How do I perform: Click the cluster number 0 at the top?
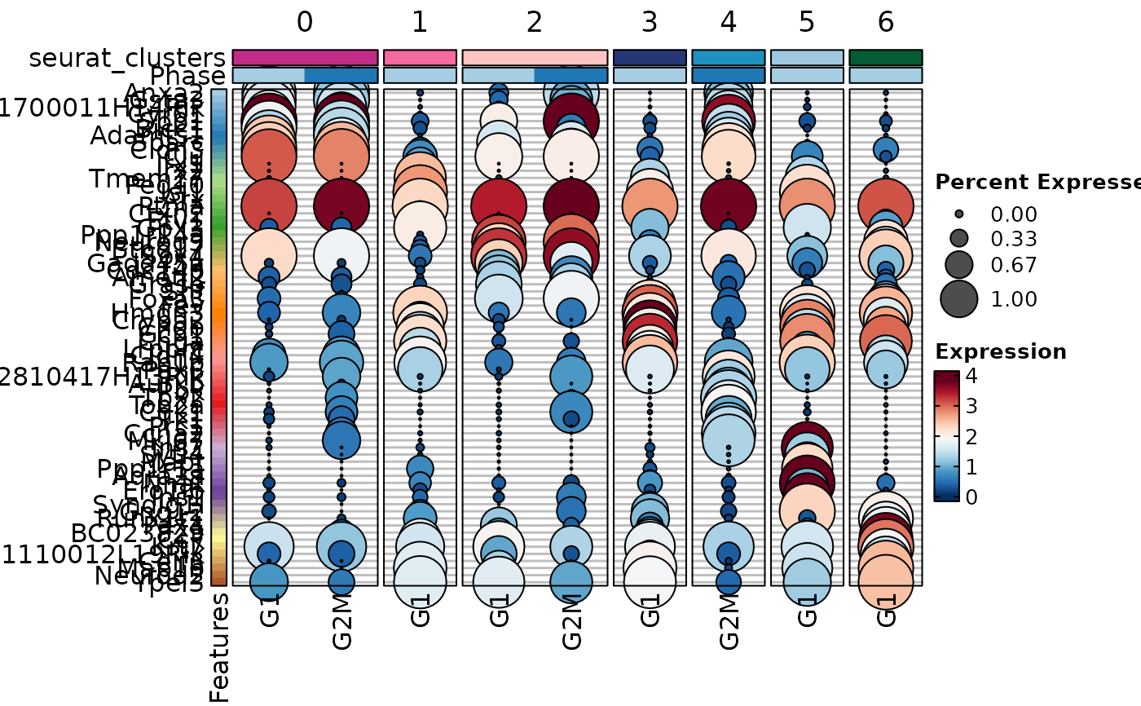click(305, 22)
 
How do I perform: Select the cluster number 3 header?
click(650, 22)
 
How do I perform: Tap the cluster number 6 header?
click(886, 22)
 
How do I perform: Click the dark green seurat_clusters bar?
click(886, 57)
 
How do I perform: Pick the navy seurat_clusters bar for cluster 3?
click(650, 57)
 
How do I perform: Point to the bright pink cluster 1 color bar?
click(420, 57)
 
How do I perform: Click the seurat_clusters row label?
click(127, 58)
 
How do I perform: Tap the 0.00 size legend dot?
click(959, 214)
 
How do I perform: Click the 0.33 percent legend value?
click(1014, 240)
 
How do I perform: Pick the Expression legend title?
click(1001, 352)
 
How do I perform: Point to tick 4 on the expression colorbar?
click(971, 377)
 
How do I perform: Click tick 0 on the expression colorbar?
click(971, 496)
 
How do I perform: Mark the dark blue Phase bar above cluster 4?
click(729, 75)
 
